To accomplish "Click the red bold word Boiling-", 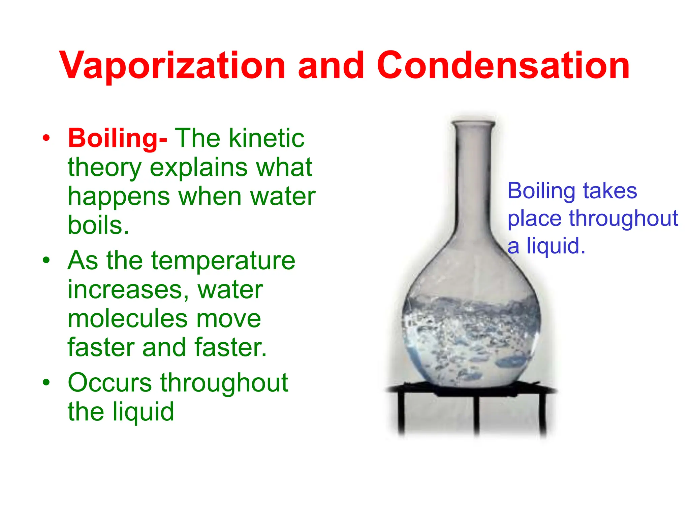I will pos(117,138).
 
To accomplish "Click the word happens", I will pos(119,196).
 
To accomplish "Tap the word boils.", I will pos(98,225).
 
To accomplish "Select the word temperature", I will pos(223,260).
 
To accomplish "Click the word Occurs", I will pos(110,383).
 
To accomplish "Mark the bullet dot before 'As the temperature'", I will pos(46,260).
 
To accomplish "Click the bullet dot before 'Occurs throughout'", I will pos(46,383).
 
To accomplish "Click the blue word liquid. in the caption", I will pos(556,246).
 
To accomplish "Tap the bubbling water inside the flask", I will pos(472,340).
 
